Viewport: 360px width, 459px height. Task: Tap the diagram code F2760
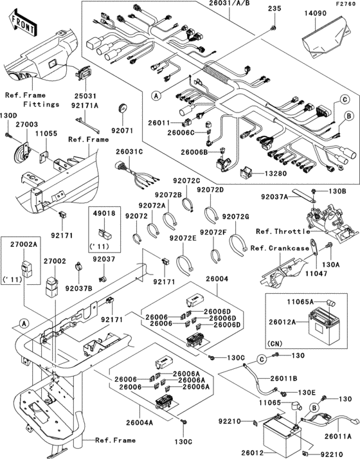(x=345, y=4)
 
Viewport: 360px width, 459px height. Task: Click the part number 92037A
(x=274, y=198)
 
